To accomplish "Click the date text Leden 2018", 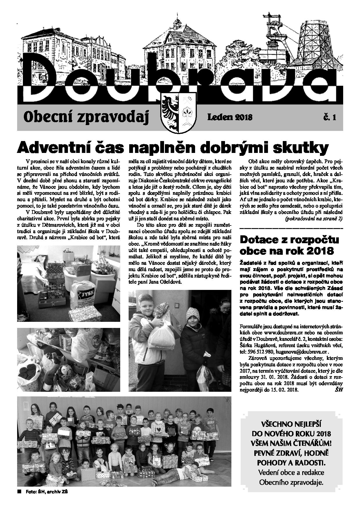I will pyautogui.click(x=230, y=117).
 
